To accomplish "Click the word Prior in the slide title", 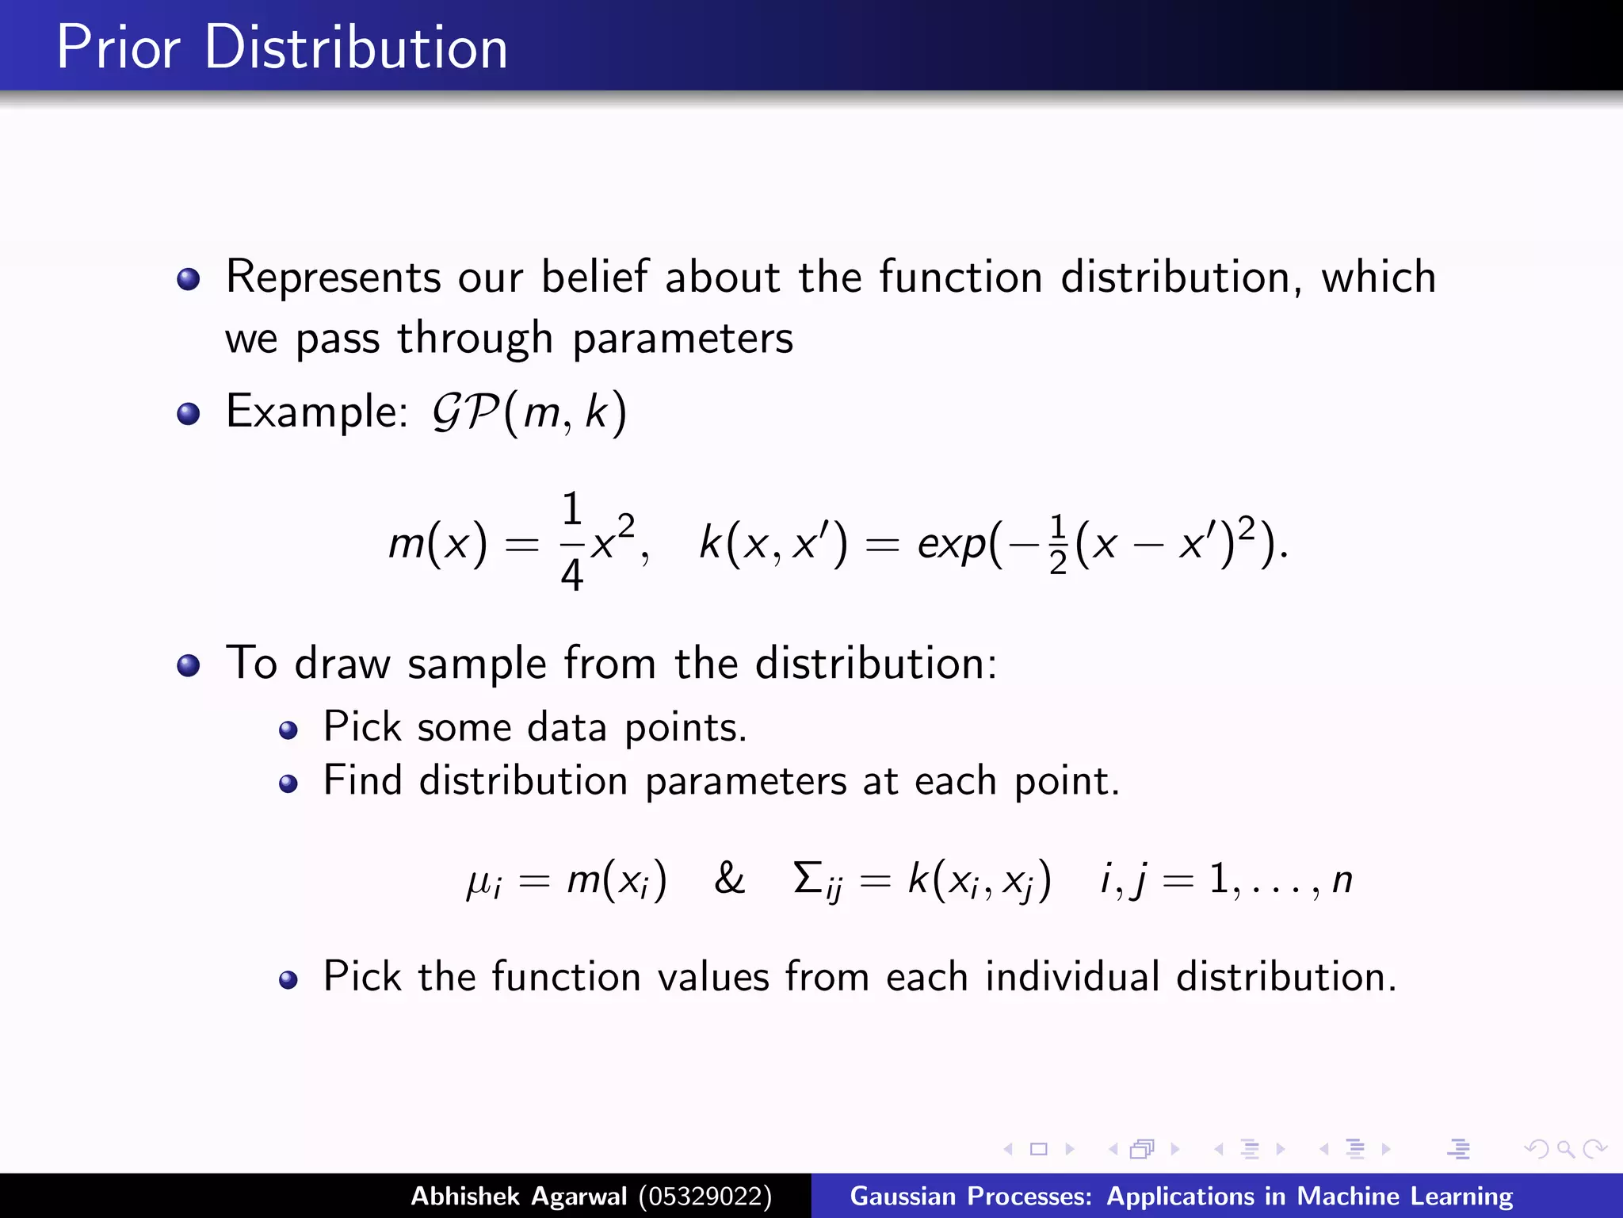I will point(118,48).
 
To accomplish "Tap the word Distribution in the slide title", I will point(356,48).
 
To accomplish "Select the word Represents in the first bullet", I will point(333,278).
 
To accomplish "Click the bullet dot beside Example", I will point(189,414).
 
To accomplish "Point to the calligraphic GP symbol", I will point(464,412).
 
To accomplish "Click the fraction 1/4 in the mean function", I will point(571,542).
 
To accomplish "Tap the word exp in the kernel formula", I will point(952,545).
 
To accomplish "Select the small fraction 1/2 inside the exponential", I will point(1057,545).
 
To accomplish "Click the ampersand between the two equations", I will point(729,879).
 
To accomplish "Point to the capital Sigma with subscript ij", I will point(817,880).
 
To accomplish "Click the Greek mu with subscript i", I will point(483,882).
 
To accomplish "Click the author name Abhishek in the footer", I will point(464,1196).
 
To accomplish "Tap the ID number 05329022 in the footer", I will point(705,1196).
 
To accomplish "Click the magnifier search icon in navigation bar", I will point(1565,1149).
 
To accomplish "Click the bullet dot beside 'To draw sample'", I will point(189,665).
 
